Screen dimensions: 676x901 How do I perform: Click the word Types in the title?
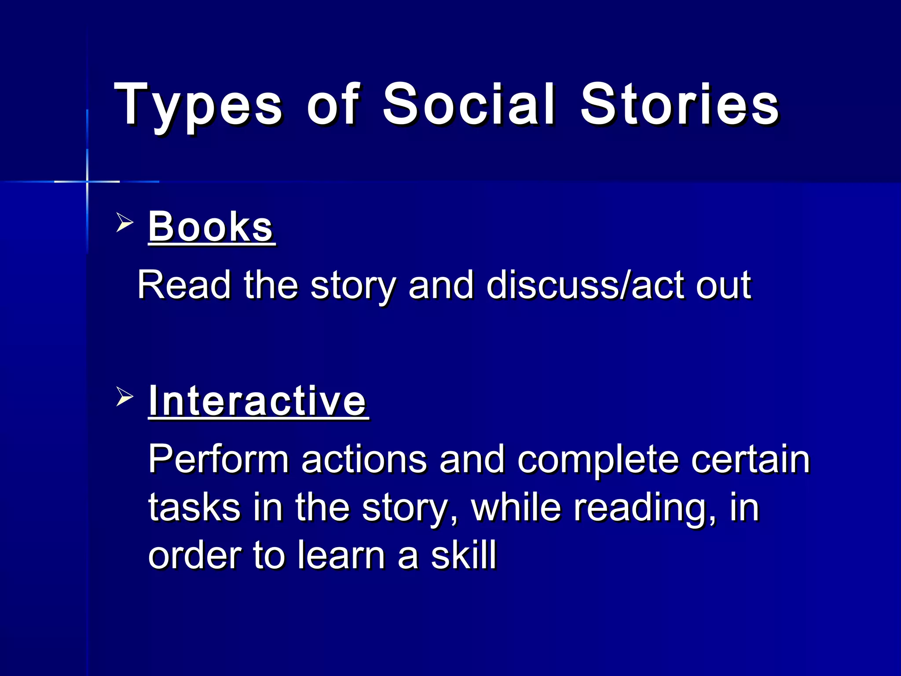tap(198, 106)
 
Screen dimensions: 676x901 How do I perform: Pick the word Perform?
tap(218, 459)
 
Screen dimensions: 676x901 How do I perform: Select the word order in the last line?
tap(194, 555)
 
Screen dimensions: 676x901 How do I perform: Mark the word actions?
tap(364, 459)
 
